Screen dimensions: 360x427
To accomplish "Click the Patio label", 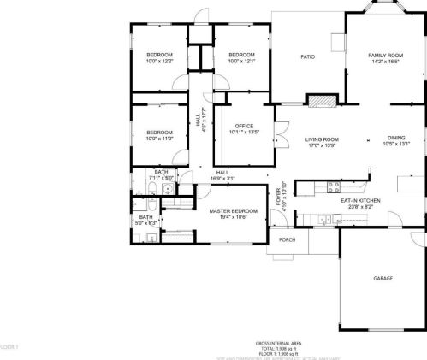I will (307, 57).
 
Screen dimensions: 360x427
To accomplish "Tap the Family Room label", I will (385, 56).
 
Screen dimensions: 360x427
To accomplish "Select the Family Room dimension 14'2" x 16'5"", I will (385, 62).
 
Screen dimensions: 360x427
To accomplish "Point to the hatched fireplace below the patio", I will (321, 101).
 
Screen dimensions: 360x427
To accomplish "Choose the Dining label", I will (395, 139).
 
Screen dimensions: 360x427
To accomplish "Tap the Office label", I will (244, 126).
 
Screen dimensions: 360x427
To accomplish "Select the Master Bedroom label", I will (234, 210).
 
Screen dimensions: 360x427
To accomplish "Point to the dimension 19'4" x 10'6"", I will (234, 217).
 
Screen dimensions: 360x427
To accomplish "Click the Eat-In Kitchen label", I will (360, 200).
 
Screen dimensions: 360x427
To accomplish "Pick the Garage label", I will (383, 280).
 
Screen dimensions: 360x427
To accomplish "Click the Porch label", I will (287, 240).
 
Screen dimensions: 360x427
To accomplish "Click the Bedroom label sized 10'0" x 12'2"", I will (159, 55).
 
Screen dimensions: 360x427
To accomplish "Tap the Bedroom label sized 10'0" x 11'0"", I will (159, 132).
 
